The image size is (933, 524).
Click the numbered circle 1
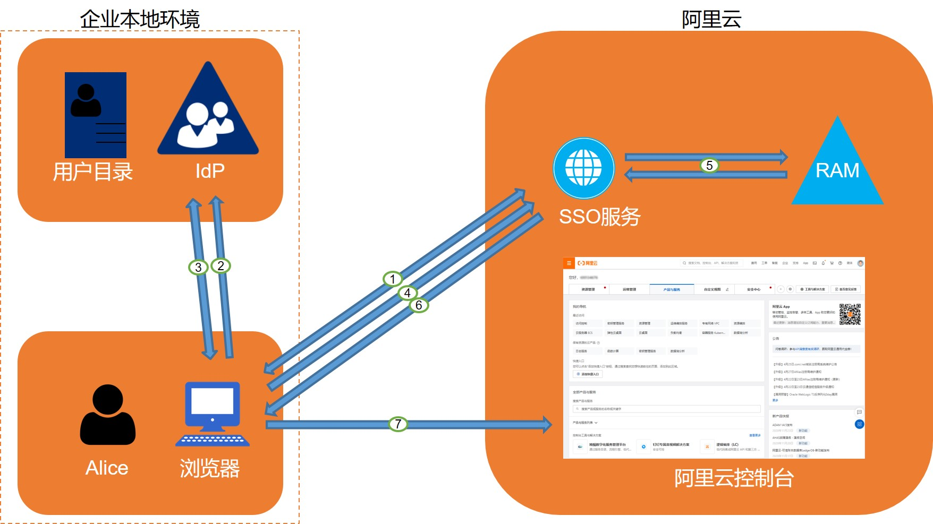point(393,279)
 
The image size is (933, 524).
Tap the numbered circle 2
point(220,265)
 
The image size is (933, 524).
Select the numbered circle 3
point(198,267)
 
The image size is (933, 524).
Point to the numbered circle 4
point(408,293)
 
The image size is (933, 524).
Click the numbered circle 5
point(709,166)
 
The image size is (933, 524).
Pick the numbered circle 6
point(419,305)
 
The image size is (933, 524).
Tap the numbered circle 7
point(398,424)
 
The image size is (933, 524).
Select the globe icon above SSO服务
point(583,168)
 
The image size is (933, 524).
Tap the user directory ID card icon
point(96,114)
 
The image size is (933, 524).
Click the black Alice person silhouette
point(108,415)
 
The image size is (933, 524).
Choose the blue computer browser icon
point(213,414)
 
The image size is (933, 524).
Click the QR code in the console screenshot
point(850,314)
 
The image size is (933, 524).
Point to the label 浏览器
point(210,468)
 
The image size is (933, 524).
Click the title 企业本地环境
point(140,19)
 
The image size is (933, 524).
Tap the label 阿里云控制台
point(734,478)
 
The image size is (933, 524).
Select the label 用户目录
point(92,171)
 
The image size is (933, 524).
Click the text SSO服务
point(600,217)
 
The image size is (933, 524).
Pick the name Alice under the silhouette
point(107,468)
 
